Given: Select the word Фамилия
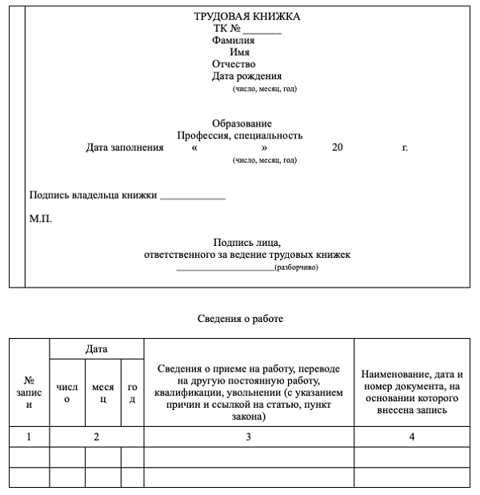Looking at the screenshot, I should pos(234,40).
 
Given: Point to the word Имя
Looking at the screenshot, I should pos(239,52).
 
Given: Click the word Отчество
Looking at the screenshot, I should pos(234,64).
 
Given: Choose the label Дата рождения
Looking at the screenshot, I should pos(247,76).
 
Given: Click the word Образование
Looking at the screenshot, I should pos(242,123).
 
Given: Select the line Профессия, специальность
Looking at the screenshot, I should pos(240,135).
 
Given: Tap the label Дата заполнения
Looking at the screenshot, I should pos(119,148).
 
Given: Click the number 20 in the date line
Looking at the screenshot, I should pos(337,148).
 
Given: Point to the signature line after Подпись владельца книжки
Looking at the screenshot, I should pos(193,196).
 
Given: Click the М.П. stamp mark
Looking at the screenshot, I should pos(41,218).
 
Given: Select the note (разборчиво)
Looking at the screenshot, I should pos(296,268).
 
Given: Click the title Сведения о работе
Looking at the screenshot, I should pos(240,319).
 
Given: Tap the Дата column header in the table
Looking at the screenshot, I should pos(97,349).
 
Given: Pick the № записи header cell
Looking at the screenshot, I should pos(30,392).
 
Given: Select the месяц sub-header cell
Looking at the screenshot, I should pos(103,392).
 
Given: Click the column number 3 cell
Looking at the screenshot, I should pos(249,437).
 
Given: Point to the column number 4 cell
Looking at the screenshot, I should pos(412,437).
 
